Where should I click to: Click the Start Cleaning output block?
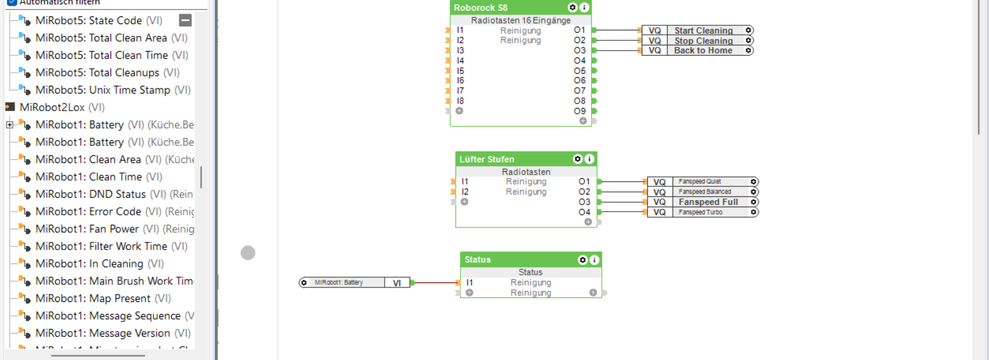click(704, 30)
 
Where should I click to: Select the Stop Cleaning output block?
click(704, 40)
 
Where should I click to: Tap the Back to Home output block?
click(703, 51)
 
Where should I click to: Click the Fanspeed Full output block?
click(708, 202)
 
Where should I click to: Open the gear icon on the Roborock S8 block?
click(572, 8)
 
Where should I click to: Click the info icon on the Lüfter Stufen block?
click(589, 159)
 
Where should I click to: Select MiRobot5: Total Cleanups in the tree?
click(97, 73)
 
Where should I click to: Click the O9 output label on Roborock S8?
click(580, 111)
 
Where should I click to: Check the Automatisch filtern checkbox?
click(12, 2)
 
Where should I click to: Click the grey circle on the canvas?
click(248, 253)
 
